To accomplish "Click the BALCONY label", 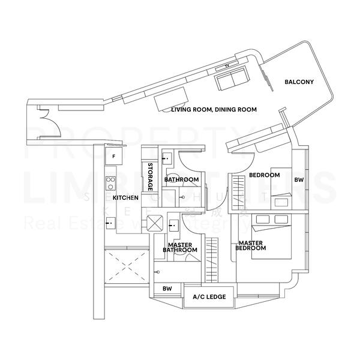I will (x=299, y=82).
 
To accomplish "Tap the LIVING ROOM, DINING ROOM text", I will (x=214, y=110).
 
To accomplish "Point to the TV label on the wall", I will (x=227, y=65).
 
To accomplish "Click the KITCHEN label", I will (x=126, y=197).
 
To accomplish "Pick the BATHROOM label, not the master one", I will (x=182, y=179).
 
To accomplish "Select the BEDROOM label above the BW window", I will (x=265, y=175).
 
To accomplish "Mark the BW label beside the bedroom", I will (x=299, y=179).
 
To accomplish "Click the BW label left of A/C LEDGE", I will (x=167, y=289).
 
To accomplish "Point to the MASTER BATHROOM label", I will (x=179, y=248).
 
